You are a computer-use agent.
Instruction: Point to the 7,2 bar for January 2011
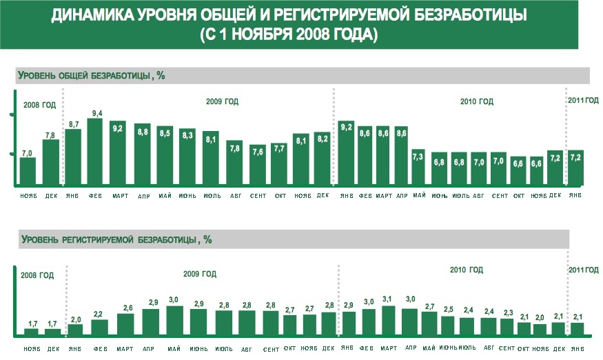tap(575, 168)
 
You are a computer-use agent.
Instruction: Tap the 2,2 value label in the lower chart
tap(98, 314)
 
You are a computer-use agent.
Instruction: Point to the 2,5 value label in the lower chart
tap(448, 310)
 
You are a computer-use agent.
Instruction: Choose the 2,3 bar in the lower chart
tap(507, 327)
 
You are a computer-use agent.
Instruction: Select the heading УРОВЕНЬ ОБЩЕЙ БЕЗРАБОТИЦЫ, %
tap(91, 75)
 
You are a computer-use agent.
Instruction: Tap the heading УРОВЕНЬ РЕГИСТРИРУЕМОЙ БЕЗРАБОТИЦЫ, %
tap(116, 240)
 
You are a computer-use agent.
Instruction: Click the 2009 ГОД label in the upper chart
tap(222, 102)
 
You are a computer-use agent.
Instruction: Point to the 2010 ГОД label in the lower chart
tap(467, 270)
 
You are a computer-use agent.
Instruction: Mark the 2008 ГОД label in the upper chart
tap(39, 105)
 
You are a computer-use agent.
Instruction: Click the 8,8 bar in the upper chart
tap(142, 155)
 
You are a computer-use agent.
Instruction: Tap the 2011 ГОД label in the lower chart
tap(583, 270)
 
